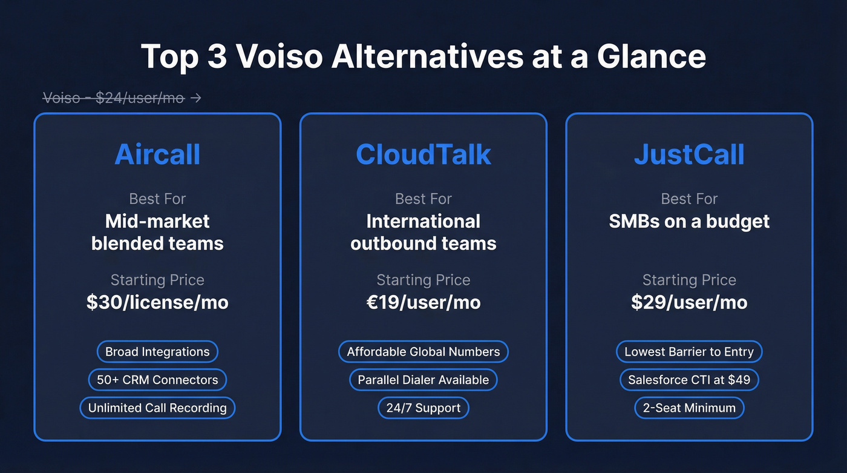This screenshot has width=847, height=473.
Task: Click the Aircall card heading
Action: click(x=157, y=154)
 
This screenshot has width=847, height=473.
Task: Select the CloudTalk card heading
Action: click(x=423, y=154)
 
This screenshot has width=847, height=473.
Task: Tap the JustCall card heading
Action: click(x=689, y=154)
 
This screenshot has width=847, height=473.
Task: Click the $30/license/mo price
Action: click(x=157, y=302)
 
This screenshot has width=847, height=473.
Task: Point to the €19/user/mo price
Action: click(x=423, y=302)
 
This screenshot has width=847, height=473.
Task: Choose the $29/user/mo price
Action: click(x=689, y=302)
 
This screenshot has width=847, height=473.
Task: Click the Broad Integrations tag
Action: click(x=157, y=352)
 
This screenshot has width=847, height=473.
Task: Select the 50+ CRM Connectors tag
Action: click(x=157, y=380)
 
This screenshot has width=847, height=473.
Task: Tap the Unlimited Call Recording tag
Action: click(x=157, y=408)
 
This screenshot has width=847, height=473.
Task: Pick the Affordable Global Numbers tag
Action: click(x=423, y=352)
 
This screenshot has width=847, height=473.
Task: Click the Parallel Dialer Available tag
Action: click(x=423, y=380)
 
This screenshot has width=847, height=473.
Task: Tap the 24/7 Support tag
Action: click(x=423, y=408)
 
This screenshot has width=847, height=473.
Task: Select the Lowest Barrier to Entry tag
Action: click(x=689, y=352)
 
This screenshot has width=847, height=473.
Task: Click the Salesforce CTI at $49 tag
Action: click(x=689, y=380)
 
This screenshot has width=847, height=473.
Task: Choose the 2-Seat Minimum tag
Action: click(x=689, y=408)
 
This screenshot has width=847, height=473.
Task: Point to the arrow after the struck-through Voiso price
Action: click(x=195, y=98)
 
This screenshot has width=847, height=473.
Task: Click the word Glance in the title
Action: click(x=652, y=56)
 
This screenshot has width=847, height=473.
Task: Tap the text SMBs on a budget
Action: click(x=689, y=221)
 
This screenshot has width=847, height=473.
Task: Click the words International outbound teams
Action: click(x=423, y=233)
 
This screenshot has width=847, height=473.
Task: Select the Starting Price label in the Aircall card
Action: click(x=157, y=280)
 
